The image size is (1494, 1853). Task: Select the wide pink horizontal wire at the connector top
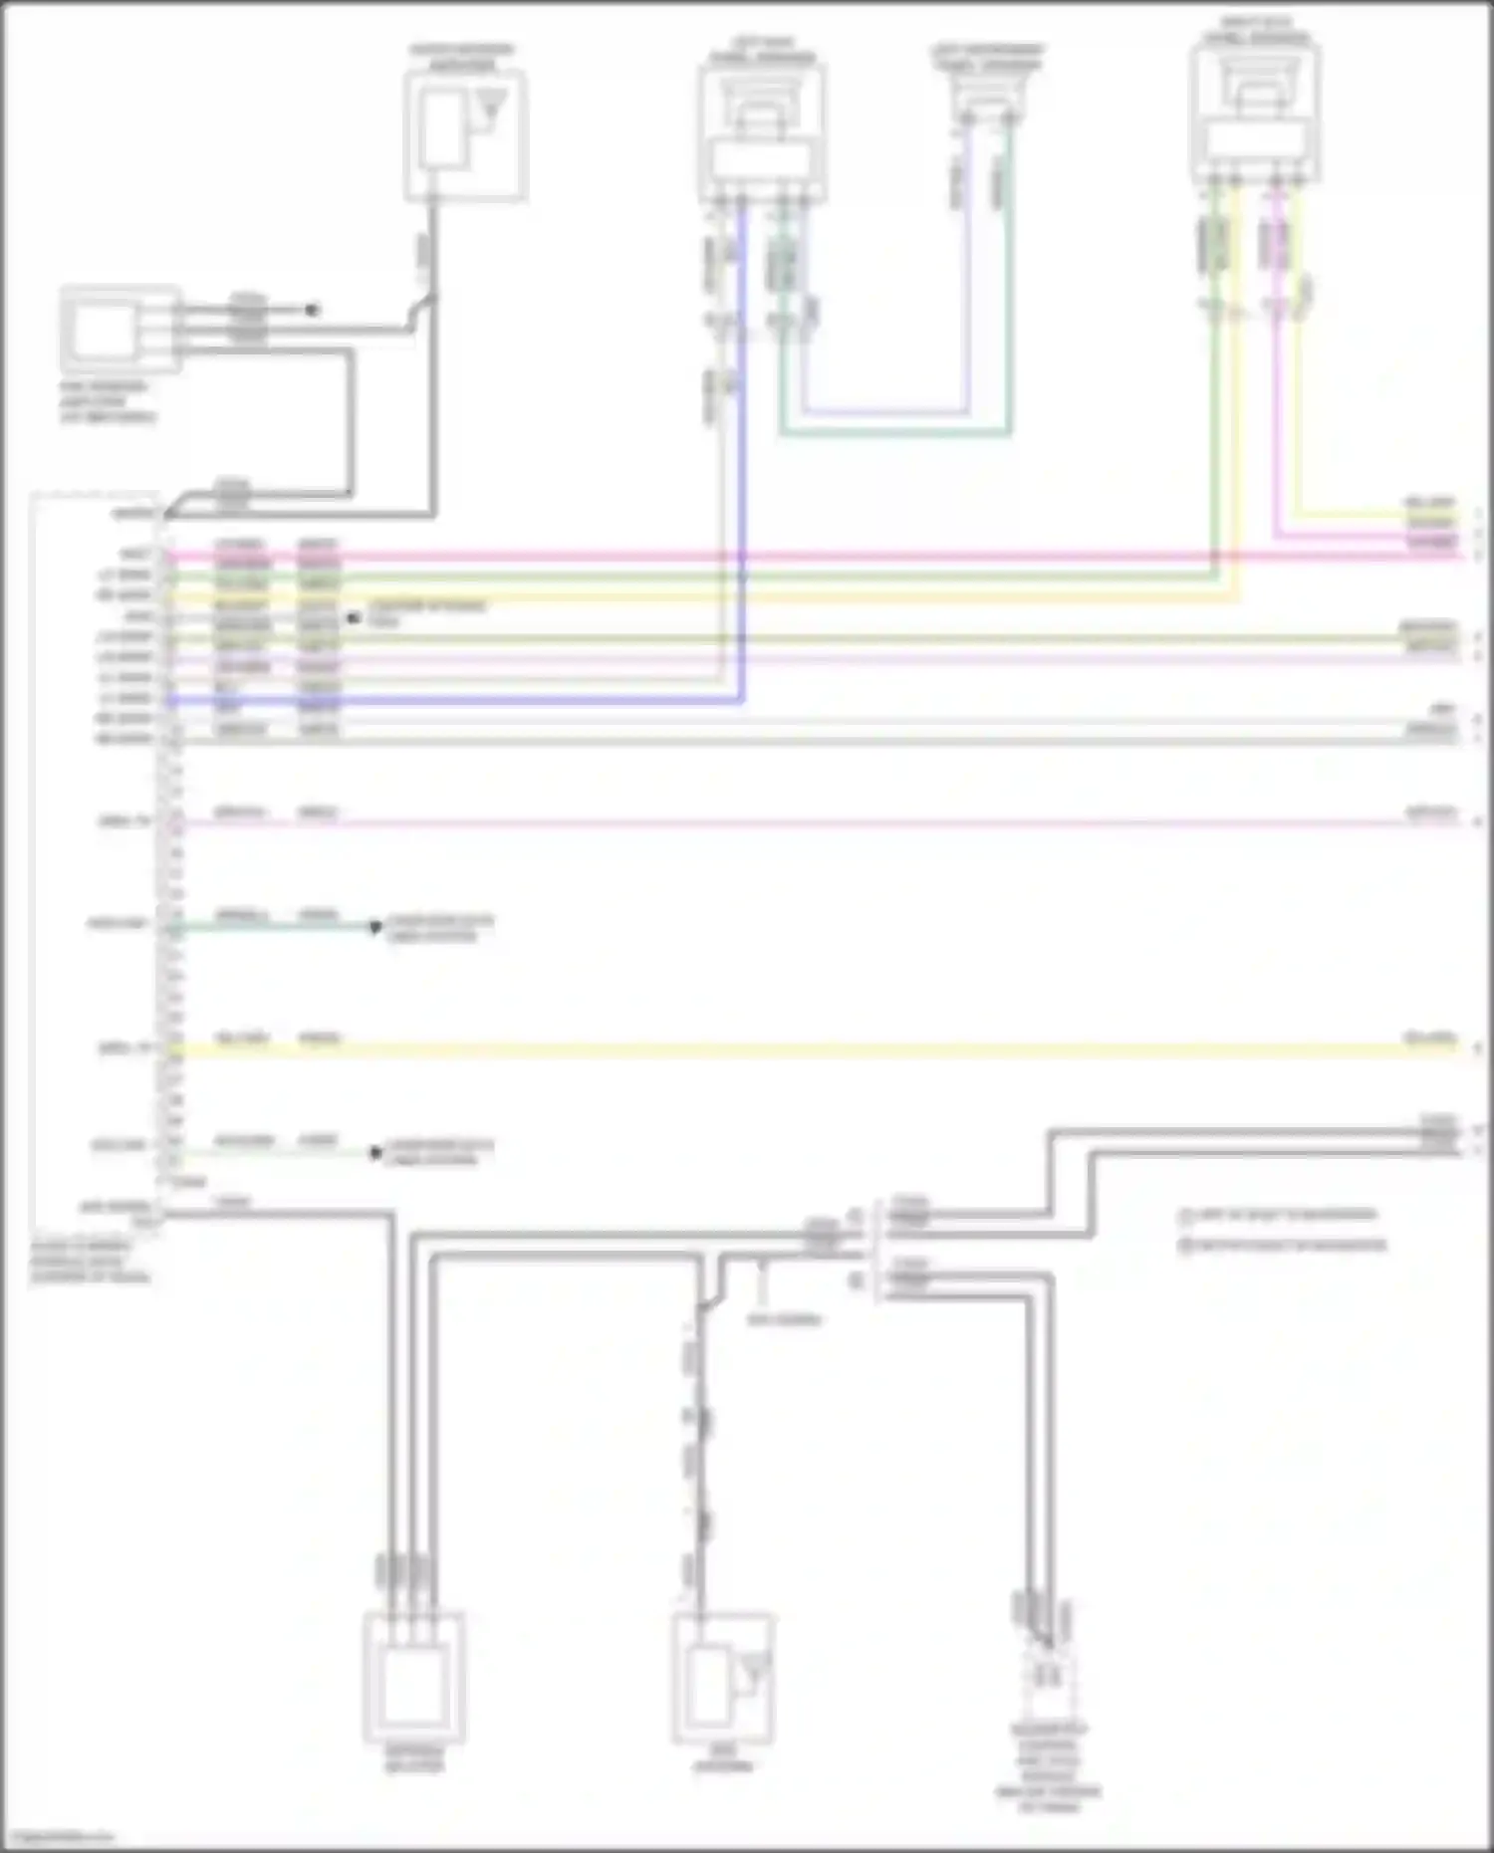click(797, 556)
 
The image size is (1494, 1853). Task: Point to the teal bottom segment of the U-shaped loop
click(896, 434)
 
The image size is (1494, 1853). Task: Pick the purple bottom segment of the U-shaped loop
click(886, 411)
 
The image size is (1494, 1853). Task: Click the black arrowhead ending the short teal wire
click(375, 927)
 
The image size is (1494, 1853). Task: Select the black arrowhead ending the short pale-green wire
click(375, 1153)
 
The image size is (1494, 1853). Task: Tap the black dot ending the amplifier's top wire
click(312, 310)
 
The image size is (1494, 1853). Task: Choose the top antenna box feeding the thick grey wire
click(465, 135)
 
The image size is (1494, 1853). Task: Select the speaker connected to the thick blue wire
click(762, 134)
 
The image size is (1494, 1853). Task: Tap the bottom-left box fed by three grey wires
click(414, 1678)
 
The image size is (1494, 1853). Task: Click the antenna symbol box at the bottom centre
click(724, 1678)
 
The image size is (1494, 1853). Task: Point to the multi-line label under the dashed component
click(1048, 1767)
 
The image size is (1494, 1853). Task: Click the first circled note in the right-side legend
click(1280, 1216)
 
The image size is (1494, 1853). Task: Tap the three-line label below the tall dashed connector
click(90, 1262)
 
